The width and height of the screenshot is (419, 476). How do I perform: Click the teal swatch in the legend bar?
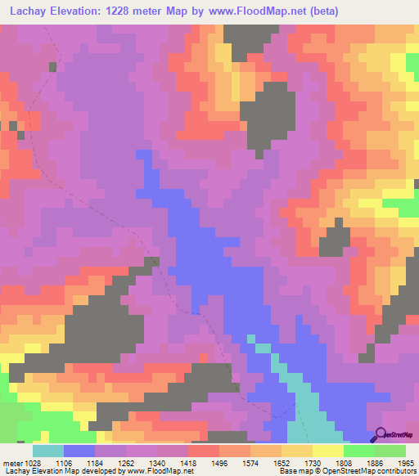(x=48, y=451)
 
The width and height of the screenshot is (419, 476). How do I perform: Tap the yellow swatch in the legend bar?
(x=327, y=451)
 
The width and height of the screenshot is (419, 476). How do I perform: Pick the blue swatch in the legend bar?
(x=79, y=451)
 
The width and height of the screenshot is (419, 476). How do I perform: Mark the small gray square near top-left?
(x=53, y=66)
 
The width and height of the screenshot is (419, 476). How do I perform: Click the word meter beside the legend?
(x=11, y=462)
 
